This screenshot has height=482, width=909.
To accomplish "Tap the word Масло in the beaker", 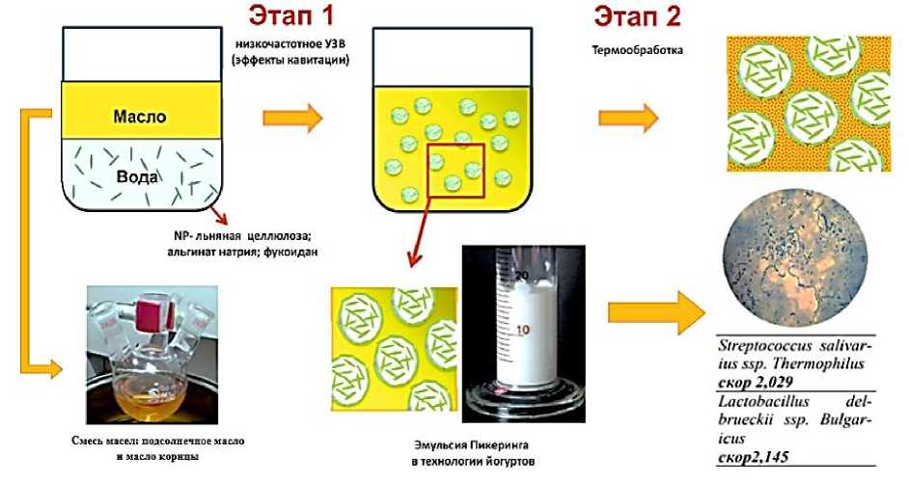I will point(141,117).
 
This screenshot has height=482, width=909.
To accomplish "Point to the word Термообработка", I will point(626,50).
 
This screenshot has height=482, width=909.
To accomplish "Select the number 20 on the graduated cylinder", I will point(520,276).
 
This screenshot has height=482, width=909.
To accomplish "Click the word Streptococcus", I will point(763,345).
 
